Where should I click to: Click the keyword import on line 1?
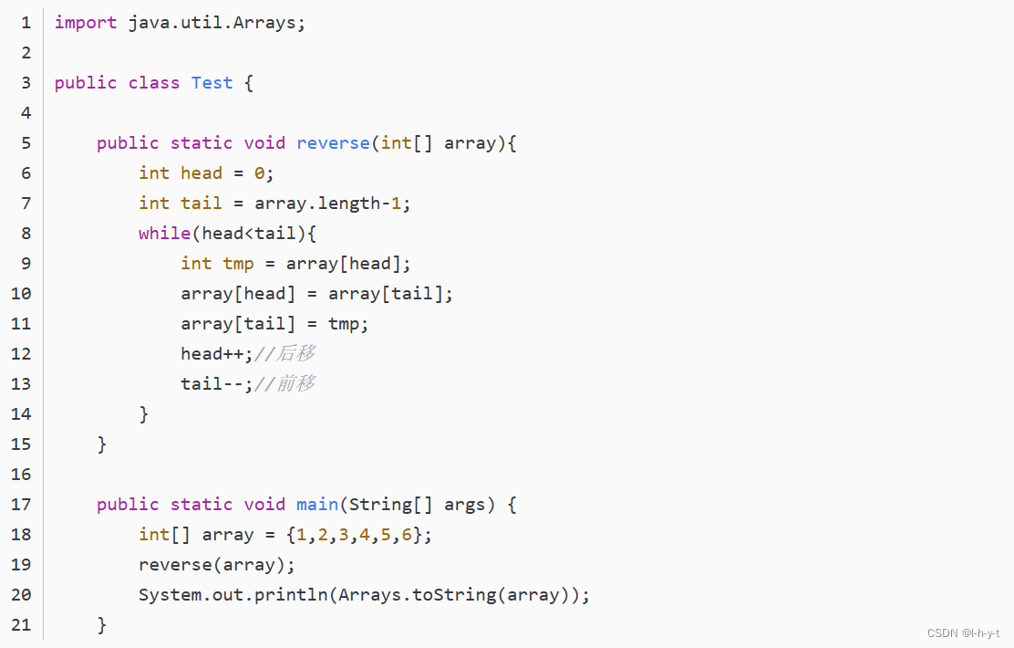click(x=86, y=23)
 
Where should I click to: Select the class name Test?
click(x=212, y=83)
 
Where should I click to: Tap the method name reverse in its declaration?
click(x=333, y=143)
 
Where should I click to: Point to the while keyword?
click(x=164, y=234)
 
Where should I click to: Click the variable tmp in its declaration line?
click(x=238, y=264)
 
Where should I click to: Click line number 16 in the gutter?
click(x=21, y=475)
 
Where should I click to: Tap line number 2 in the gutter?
click(x=26, y=53)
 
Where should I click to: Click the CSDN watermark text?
click(x=963, y=633)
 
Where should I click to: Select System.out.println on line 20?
click(x=233, y=595)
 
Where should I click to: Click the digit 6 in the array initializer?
click(x=407, y=535)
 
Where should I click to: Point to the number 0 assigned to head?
click(x=259, y=173)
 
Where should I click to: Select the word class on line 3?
click(x=153, y=83)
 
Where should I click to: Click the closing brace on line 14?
click(x=144, y=414)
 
